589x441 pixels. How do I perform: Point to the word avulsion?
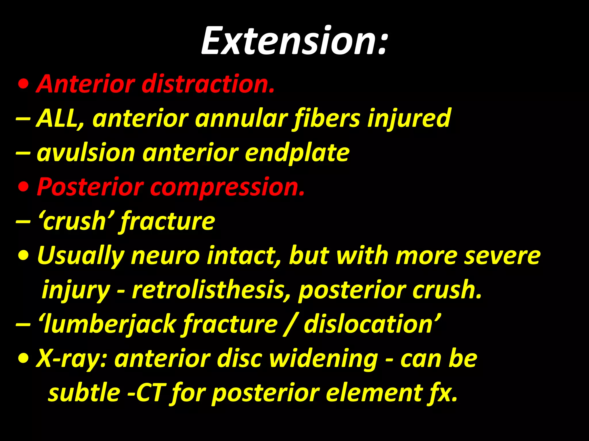pos(86,153)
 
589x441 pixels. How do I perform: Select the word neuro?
pos(166,256)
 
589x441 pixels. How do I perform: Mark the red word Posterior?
pos(90,187)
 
